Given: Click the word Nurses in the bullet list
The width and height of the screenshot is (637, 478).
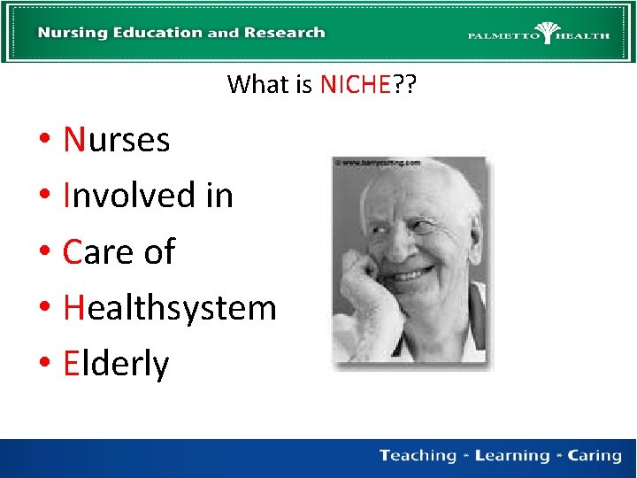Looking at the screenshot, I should [x=116, y=139].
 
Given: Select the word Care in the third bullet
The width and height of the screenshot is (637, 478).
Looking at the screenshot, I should [x=97, y=251].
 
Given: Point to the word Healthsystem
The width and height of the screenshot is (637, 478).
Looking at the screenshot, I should [x=170, y=308].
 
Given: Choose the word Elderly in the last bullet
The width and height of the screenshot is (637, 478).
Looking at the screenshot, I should [x=116, y=364].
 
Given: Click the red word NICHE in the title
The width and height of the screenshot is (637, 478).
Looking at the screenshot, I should [x=355, y=84].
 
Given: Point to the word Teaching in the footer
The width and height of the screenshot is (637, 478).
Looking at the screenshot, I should [x=417, y=456].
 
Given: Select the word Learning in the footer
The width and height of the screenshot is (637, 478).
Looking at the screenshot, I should [x=511, y=456].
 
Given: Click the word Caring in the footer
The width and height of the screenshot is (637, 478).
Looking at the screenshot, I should [x=595, y=456].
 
